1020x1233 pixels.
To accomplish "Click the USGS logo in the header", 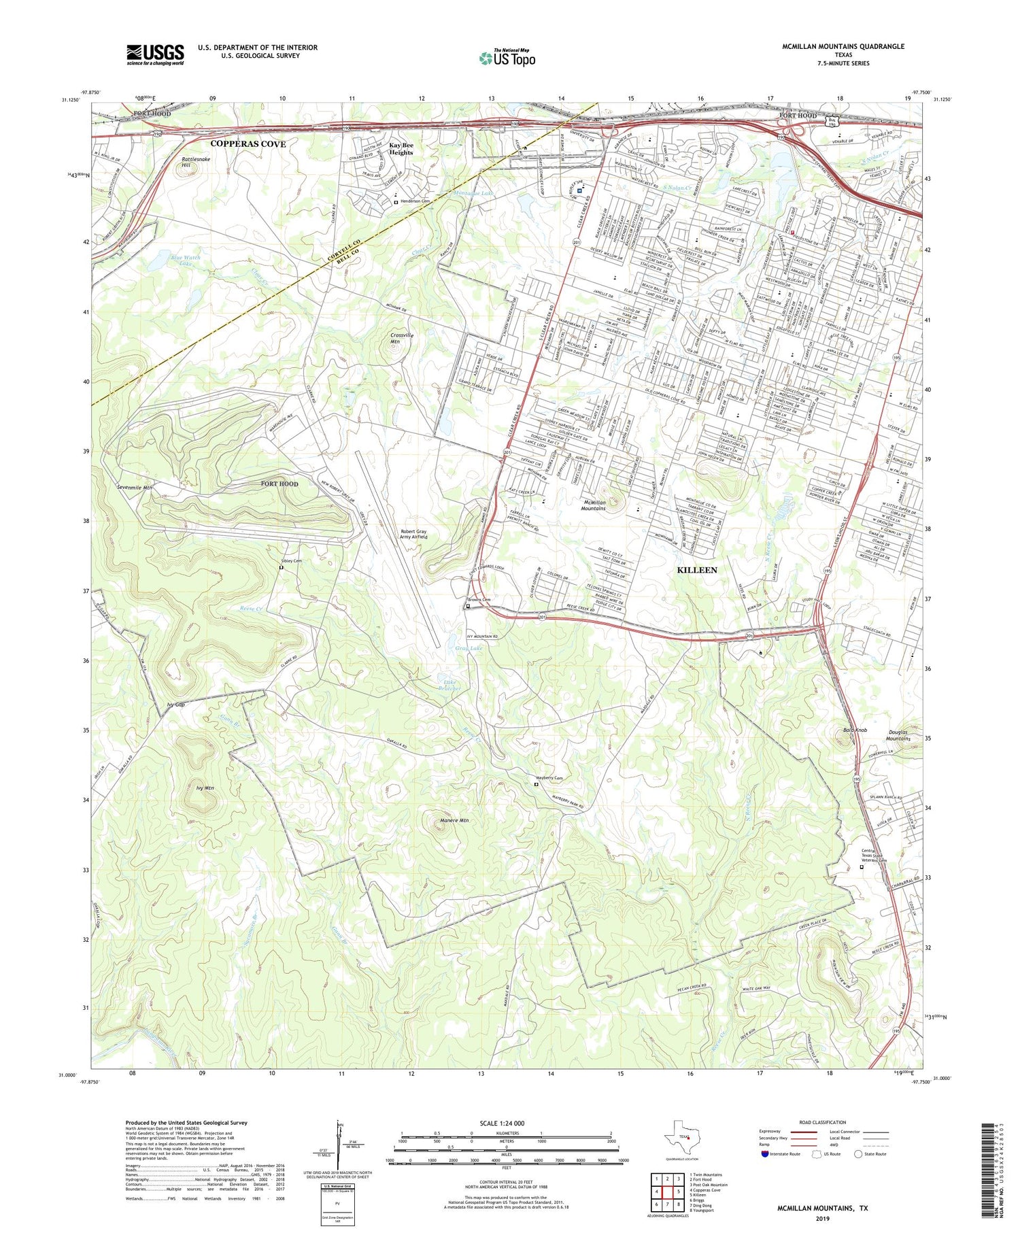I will (155, 54).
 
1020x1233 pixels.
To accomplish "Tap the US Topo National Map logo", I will (507, 58).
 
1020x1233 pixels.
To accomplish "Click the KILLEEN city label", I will (697, 570).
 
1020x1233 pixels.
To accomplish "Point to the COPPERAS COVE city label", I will (248, 144).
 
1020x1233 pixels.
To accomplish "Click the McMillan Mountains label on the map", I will (594, 505).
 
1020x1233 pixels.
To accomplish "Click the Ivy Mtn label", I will (205, 788).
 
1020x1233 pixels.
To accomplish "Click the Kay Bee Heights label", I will (401, 149).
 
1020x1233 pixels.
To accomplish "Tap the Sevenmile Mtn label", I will (135, 488).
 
